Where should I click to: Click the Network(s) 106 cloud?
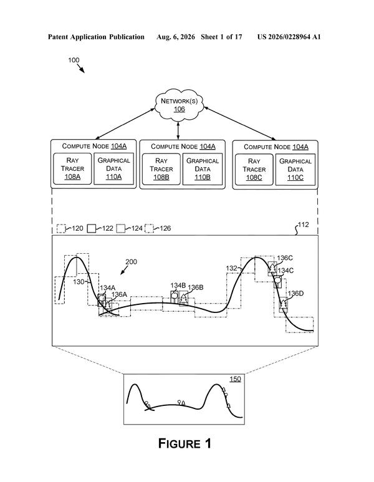coord(179,105)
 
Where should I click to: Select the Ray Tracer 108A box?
coord(72,168)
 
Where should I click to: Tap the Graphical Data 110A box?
coord(113,168)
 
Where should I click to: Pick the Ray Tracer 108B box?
coord(161,169)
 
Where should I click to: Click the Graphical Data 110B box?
coord(203,169)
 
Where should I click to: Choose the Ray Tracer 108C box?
coord(254,170)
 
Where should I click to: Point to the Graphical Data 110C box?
coord(295,170)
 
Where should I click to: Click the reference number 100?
coord(74,60)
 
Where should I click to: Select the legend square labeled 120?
coord(61,229)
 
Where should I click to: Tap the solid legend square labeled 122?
coord(92,229)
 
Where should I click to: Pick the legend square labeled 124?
coord(121,229)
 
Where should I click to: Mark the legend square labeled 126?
coord(150,229)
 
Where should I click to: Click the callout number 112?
coord(304,224)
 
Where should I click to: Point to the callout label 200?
coord(132,262)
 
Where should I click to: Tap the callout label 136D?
coord(295,293)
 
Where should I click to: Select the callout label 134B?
coord(178,285)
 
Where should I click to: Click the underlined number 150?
coord(235,379)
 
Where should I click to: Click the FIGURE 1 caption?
coord(185,443)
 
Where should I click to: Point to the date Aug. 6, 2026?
coord(176,37)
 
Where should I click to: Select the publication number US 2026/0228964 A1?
coord(289,37)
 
